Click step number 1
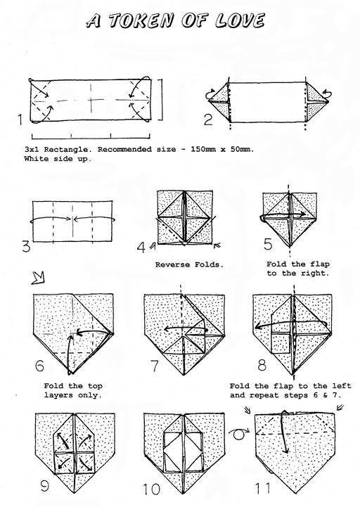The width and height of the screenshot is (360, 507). click(20, 120)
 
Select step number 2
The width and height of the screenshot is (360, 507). click(208, 120)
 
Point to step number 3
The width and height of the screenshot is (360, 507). click(26, 246)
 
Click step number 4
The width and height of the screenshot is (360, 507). click(141, 248)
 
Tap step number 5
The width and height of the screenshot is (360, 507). click(268, 244)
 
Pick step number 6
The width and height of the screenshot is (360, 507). click(39, 366)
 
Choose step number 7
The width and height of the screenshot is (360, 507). click(155, 366)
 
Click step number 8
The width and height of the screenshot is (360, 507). click(262, 365)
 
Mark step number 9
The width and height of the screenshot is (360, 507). click(45, 485)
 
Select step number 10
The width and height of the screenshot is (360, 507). click(151, 489)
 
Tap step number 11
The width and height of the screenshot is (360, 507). click(263, 488)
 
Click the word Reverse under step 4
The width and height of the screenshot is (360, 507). click(173, 265)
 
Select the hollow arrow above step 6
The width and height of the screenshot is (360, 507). click(38, 278)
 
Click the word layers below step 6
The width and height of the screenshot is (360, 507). click(59, 395)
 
